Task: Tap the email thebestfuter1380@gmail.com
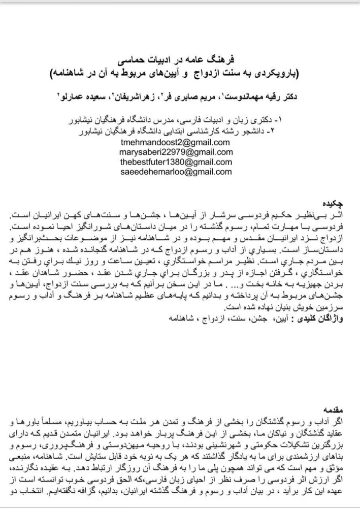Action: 172,162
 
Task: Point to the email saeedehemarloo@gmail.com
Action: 169,172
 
